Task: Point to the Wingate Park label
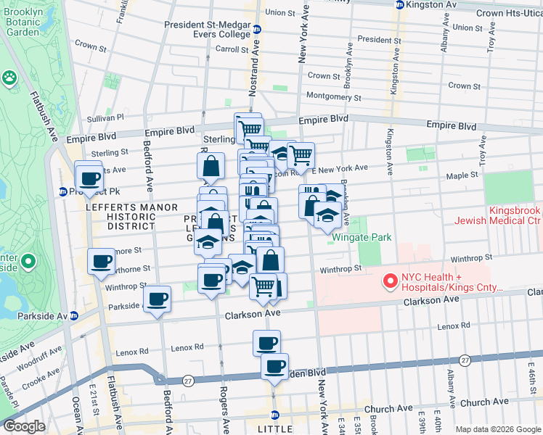coord(362,237)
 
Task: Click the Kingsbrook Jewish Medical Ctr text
coord(496,215)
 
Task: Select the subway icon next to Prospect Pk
coord(64,192)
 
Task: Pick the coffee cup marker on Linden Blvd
coord(274,367)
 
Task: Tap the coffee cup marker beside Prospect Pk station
coord(90,178)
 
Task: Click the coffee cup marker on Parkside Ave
coord(157,298)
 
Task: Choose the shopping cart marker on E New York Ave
coord(301,154)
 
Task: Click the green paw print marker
coord(10,77)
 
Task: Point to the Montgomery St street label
coord(333,96)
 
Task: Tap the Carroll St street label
coord(233,49)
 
